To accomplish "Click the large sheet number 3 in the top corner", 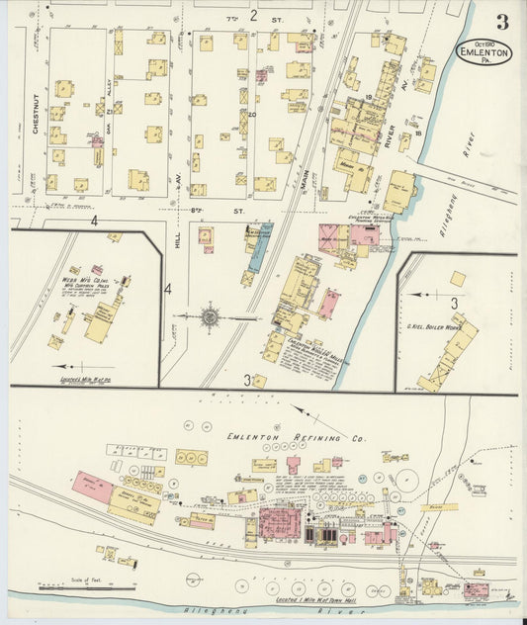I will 503,21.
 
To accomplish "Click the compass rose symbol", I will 210,317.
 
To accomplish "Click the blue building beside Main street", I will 256,249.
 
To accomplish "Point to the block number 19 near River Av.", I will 367,97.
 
